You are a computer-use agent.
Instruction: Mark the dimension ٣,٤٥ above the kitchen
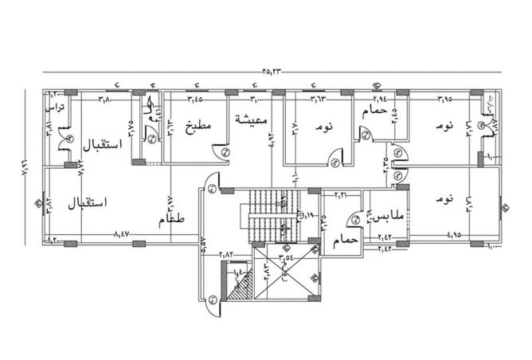[195, 100]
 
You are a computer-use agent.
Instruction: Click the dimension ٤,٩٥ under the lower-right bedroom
[454, 235]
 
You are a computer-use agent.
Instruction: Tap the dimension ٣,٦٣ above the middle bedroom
[319, 100]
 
